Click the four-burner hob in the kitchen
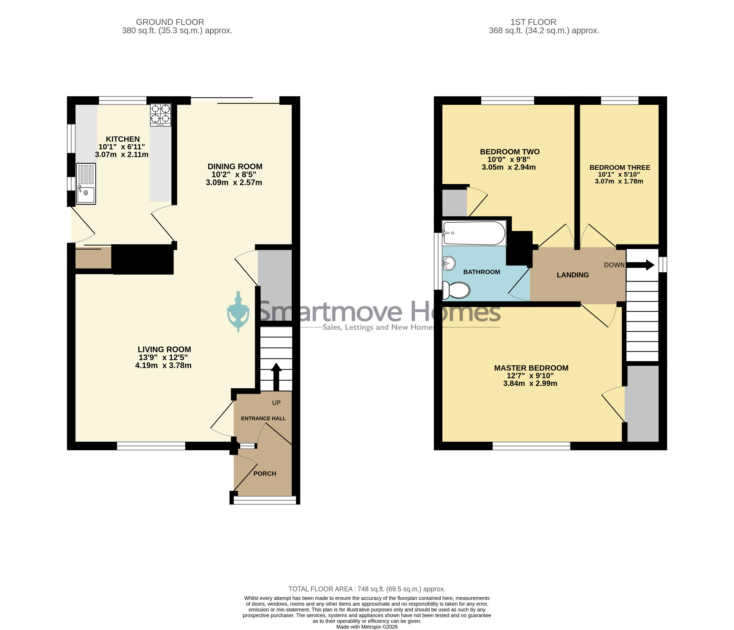(x=161, y=115)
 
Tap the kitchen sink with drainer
(x=86, y=184)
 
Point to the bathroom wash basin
(x=449, y=263)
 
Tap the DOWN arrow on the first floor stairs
(x=640, y=265)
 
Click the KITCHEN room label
(x=123, y=139)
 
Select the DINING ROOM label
(x=235, y=166)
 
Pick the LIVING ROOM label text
(x=164, y=349)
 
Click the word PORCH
(x=265, y=474)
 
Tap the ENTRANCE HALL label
(x=263, y=419)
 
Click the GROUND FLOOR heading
(x=170, y=22)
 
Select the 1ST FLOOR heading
(x=533, y=22)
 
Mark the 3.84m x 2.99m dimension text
(x=530, y=383)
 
